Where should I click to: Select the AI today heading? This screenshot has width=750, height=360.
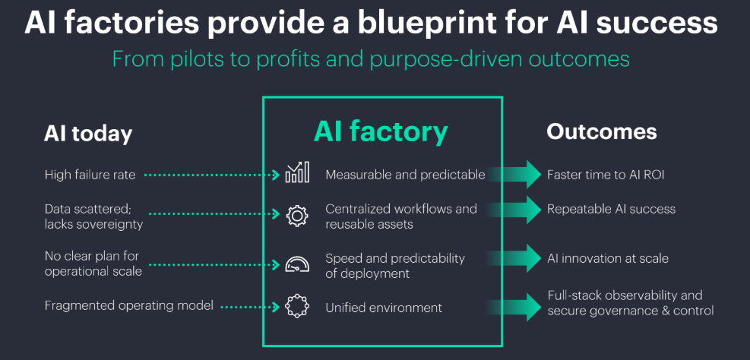click(87, 134)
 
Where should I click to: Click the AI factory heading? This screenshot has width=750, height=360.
click(381, 131)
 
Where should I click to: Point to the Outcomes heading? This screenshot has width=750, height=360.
click(601, 131)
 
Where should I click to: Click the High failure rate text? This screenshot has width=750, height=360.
click(90, 175)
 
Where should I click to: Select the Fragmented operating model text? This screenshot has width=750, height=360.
click(127, 306)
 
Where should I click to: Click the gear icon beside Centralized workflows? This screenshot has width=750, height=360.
click(297, 216)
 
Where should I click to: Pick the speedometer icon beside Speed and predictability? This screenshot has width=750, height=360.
click(297, 265)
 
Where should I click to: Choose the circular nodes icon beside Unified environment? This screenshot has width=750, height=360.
click(297, 307)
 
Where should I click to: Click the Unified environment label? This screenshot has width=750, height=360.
click(383, 308)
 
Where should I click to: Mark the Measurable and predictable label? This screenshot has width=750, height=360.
click(405, 175)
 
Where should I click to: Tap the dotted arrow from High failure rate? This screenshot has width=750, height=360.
click(212, 175)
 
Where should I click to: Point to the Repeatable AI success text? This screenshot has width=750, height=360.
click(611, 209)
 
